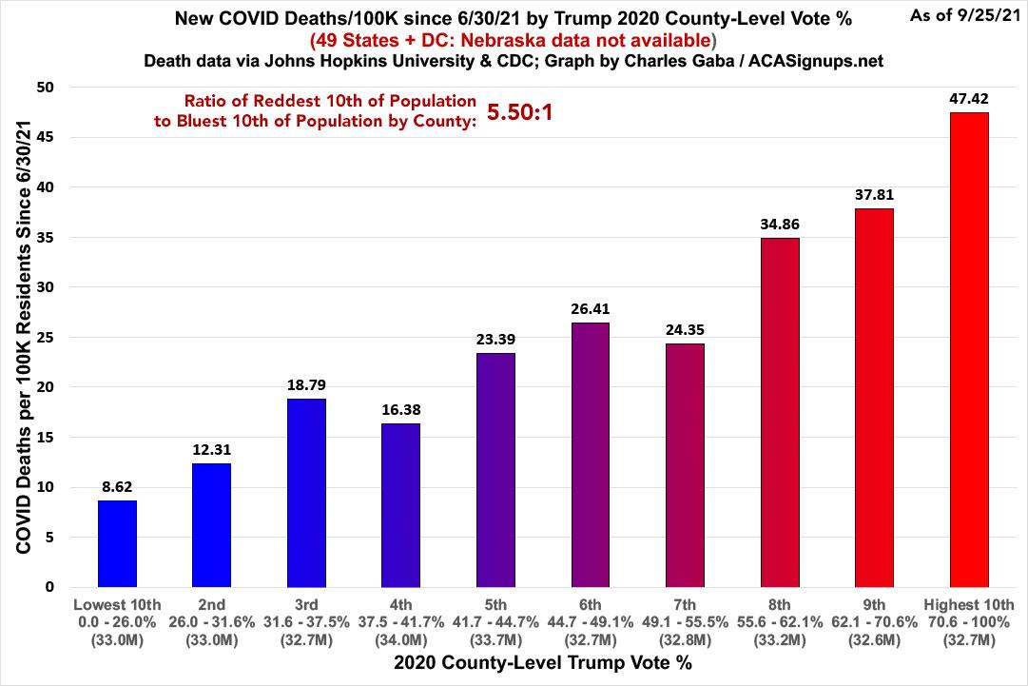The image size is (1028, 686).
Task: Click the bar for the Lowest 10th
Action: [x=118, y=544]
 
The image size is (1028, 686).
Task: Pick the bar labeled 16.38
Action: [x=401, y=505]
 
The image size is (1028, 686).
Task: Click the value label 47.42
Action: [x=969, y=97]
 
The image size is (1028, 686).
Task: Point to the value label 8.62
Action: [x=118, y=485]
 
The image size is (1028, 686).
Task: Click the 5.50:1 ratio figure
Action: [x=520, y=113]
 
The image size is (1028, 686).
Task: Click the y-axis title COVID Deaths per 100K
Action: [x=21, y=337]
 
